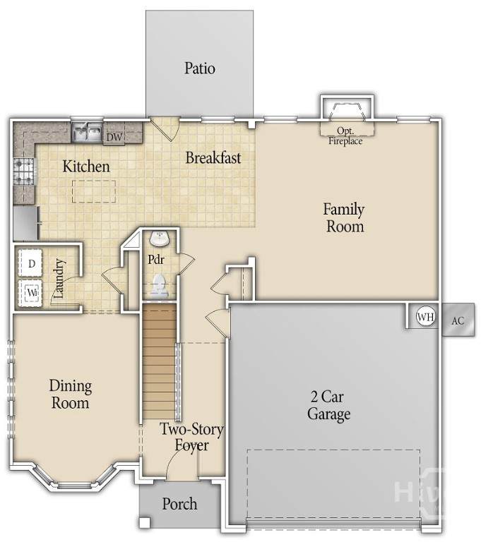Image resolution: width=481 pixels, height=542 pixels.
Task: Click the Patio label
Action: click(x=200, y=68)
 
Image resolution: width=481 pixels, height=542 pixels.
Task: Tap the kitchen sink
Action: click(x=87, y=133)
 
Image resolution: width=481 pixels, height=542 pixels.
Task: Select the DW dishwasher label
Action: click(x=114, y=137)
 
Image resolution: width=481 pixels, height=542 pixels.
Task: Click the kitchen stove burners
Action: click(x=24, y=171)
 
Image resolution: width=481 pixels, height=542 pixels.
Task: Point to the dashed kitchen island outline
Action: click(x=94, y=191)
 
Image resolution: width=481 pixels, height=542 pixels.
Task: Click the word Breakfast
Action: click(x=213, y=158)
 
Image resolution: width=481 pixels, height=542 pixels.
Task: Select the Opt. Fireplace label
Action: click(x=345, y=135)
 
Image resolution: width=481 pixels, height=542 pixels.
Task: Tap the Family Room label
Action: click(x=344, y=218)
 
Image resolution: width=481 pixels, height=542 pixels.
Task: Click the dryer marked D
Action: click(x=30, y=263)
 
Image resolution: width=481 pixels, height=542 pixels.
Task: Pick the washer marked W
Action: click(x=30, y=293)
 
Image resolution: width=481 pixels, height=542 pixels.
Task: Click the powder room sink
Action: click(x=159, y=239)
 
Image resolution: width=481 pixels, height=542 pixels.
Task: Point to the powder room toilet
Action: click(x=160, y=286)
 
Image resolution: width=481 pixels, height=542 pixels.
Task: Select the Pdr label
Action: click(x=155, y=259)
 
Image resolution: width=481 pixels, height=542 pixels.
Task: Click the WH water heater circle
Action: click(x=425, y=317)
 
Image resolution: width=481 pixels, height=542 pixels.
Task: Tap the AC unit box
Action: click(x=458, y=320)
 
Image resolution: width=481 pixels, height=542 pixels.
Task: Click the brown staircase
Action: click(x=159, y=361)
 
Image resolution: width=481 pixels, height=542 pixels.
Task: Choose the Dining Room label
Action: click(x=70, y=395)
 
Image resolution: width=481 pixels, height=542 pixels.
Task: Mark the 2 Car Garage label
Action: click(x=328, y=405)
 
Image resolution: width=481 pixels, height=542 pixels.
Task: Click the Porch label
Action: click(x=179, y=504)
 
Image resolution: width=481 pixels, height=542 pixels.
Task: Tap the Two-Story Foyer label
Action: click(x=191, y=437)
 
